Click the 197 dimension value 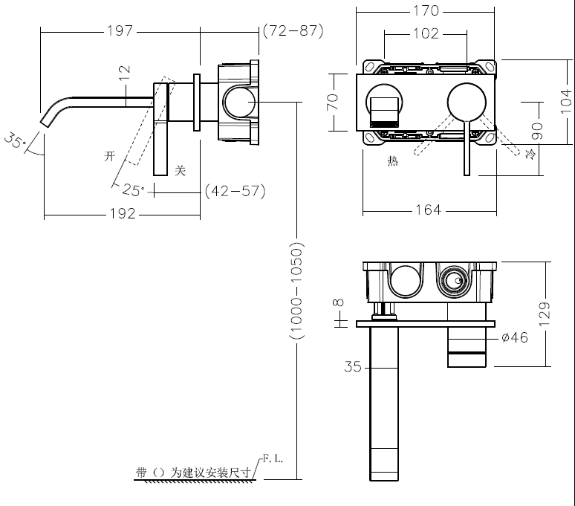click(120, 30)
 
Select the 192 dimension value click(122, 213)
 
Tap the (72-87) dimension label click(292, 30)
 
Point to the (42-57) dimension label click(235, 191)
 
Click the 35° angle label click(15, 140)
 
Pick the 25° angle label click(134, 190)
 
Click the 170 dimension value click(425, 10)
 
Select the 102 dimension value click(425, 33)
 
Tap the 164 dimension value click(427, 210)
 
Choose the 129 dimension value click(545, 314)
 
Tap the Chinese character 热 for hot click(393, 160)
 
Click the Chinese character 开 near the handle click(111, 156)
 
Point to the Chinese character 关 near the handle click(179, 170)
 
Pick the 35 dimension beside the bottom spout click(352, 366)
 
